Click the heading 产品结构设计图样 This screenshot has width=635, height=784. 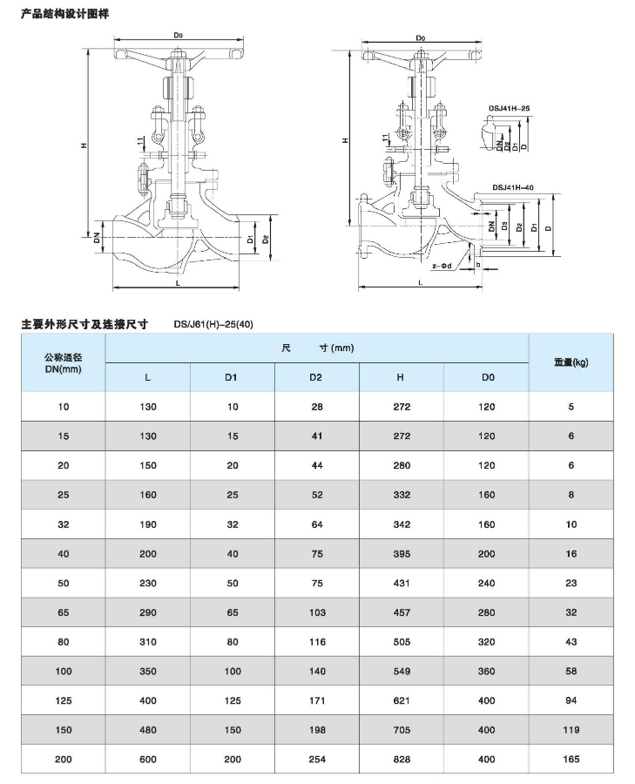65,15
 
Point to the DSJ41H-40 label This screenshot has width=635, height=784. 512,186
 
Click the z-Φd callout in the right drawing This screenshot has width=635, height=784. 442,265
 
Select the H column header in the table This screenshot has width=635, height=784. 400,377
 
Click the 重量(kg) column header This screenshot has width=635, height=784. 571,362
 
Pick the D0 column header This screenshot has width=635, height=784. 486,377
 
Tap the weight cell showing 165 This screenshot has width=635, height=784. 571,759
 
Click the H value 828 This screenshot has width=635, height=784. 400,759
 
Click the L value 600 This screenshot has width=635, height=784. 147,759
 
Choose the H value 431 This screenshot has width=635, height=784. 400,583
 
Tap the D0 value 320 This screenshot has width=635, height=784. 486,642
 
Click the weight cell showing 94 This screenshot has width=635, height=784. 571,700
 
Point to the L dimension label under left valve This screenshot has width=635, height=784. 177,283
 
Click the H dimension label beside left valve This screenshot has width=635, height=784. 84,145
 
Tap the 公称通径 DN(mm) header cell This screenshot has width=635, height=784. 62,362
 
